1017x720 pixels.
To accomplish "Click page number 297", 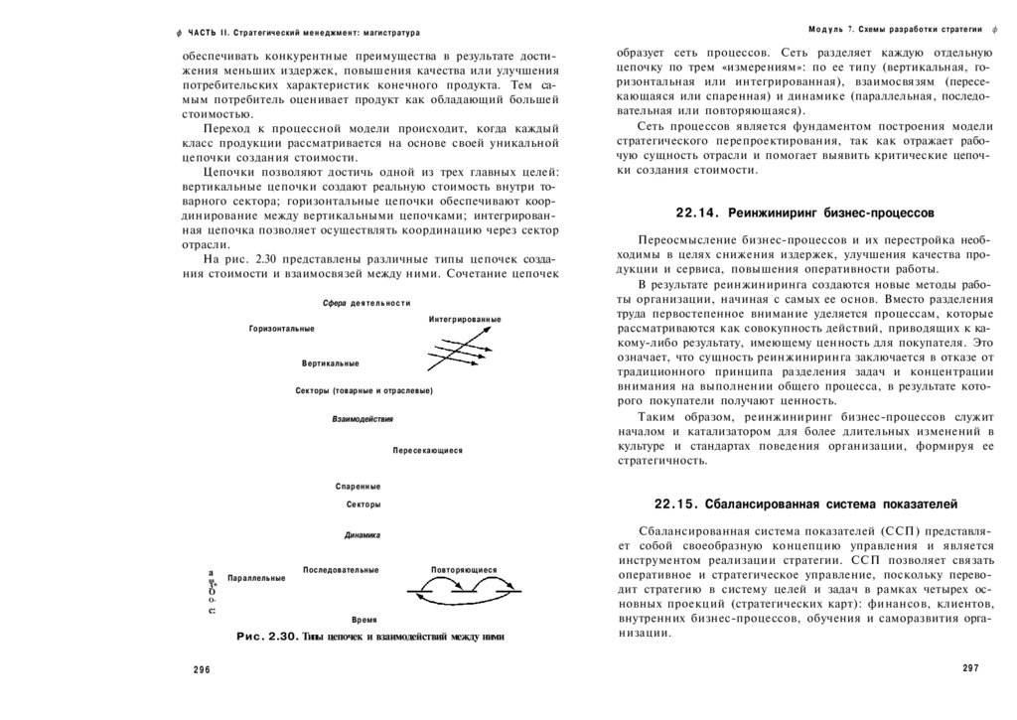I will [x=970, y=667].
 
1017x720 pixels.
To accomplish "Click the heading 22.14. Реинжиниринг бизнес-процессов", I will [x=804, y=213].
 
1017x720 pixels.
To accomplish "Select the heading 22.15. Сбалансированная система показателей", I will [x=804, y=502].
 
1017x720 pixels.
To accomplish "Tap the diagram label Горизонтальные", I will [x=282, y=329].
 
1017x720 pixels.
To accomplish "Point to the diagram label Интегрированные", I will [x=465, y=320].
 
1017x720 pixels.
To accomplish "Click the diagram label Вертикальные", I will [x=331, y=363].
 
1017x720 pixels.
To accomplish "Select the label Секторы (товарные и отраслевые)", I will [x=363, y=391].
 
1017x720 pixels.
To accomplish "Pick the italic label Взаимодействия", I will [x=363, y=419].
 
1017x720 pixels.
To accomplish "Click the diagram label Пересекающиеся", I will [x=427, y=451].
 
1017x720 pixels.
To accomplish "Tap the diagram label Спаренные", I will [x=358, y=487].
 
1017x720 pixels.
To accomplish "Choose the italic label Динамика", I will [x=363, y=535].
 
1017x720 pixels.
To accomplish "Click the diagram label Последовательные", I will [x=341, y=569].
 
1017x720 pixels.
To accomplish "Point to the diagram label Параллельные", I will [x=256, y=578].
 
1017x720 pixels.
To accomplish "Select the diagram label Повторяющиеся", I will [x=464, y=570].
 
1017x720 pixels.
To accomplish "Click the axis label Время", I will [x=363, y=619].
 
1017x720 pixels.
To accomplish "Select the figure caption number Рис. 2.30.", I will [x=263, y=637].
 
